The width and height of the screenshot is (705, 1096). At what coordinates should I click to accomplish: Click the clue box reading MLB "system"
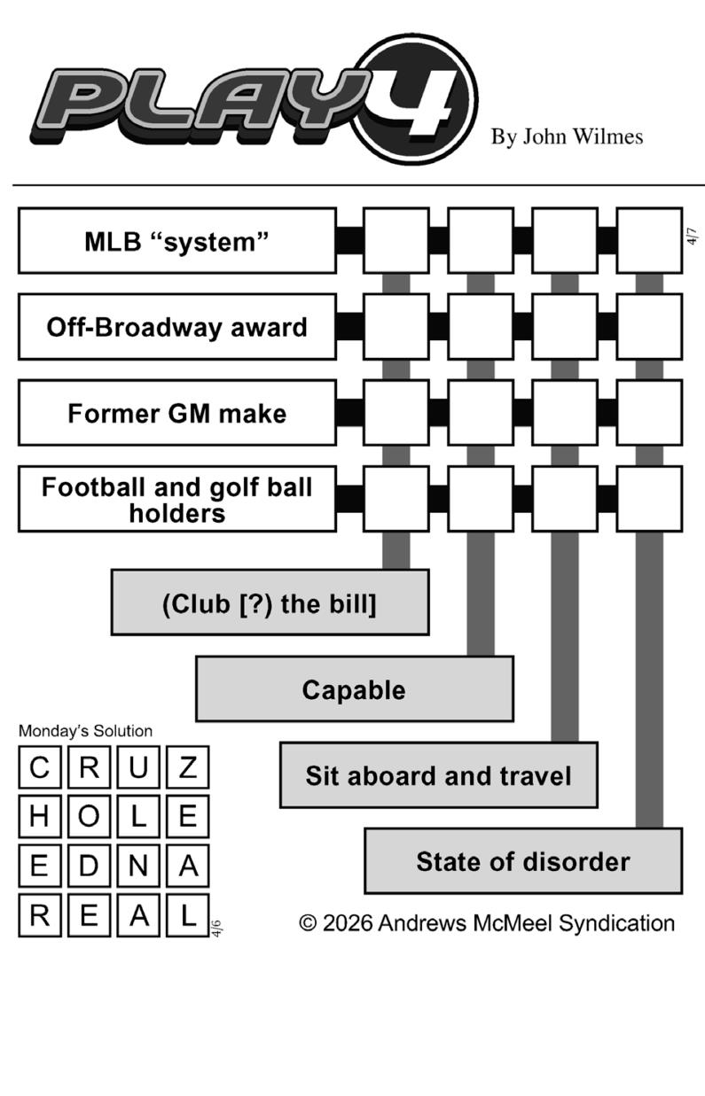click(176, 241)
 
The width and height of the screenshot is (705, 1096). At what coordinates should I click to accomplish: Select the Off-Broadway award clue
click(176, 327)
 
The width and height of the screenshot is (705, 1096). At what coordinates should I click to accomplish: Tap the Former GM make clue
click(176, 413)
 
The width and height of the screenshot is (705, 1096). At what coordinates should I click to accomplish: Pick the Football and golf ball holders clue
click(176, 499)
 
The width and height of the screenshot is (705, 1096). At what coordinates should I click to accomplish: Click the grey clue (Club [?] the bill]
click(270, 603)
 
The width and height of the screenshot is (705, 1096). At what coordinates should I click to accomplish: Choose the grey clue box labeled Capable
click(354, 689)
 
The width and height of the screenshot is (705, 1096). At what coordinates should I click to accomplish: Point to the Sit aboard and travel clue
click(438, 775)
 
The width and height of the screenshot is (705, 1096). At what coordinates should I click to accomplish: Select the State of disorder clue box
click(523, 861)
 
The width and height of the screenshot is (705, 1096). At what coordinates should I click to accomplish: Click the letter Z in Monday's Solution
click(187, 767)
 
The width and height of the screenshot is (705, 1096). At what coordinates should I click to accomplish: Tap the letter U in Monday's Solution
click(137, 767)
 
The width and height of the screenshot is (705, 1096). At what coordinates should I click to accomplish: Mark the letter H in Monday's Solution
click(39, 817)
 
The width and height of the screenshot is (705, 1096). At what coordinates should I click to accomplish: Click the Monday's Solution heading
click(85, 731)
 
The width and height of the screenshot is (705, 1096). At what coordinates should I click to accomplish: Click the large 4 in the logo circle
click(418, 99)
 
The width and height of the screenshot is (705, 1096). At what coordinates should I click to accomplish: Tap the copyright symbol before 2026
click(308, 923)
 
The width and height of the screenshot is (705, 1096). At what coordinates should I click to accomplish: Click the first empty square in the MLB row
click(396, 241)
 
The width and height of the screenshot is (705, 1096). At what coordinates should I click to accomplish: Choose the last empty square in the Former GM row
click(649, 413)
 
